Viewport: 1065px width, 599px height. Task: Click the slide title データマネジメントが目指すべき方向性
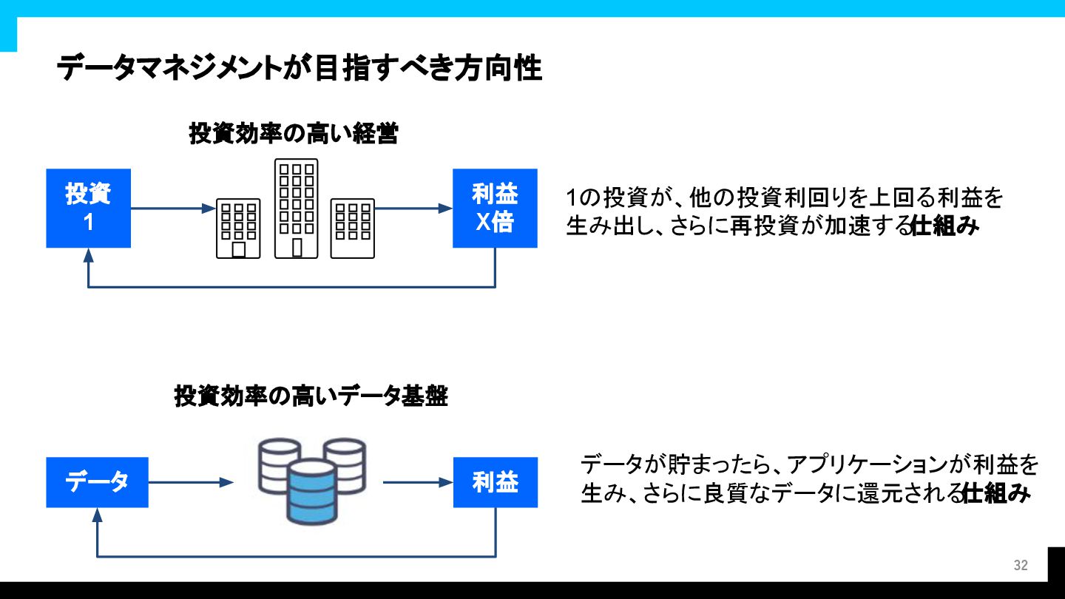click(300, 69)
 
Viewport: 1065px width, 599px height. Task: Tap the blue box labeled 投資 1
click(89, 208)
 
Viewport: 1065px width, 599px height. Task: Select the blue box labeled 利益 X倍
click(495, 208)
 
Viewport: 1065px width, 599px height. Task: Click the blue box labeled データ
click(97, 482)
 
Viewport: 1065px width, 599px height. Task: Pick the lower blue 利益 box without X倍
click(495, 482)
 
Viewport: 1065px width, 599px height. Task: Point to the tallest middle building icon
click(296, 209)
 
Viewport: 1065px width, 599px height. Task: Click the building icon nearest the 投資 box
click(238, 228)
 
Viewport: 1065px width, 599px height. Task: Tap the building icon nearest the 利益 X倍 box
click(353, 228)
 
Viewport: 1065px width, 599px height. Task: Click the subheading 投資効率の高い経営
click(294, 134)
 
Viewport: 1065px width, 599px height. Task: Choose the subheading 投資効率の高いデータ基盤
click(311, 396)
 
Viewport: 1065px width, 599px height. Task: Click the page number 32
click(1021, 566)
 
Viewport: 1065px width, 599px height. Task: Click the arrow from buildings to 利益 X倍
click(413, 209)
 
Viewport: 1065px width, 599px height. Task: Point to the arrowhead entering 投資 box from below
click(89, 255)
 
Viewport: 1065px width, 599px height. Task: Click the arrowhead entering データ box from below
click(97, 515)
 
